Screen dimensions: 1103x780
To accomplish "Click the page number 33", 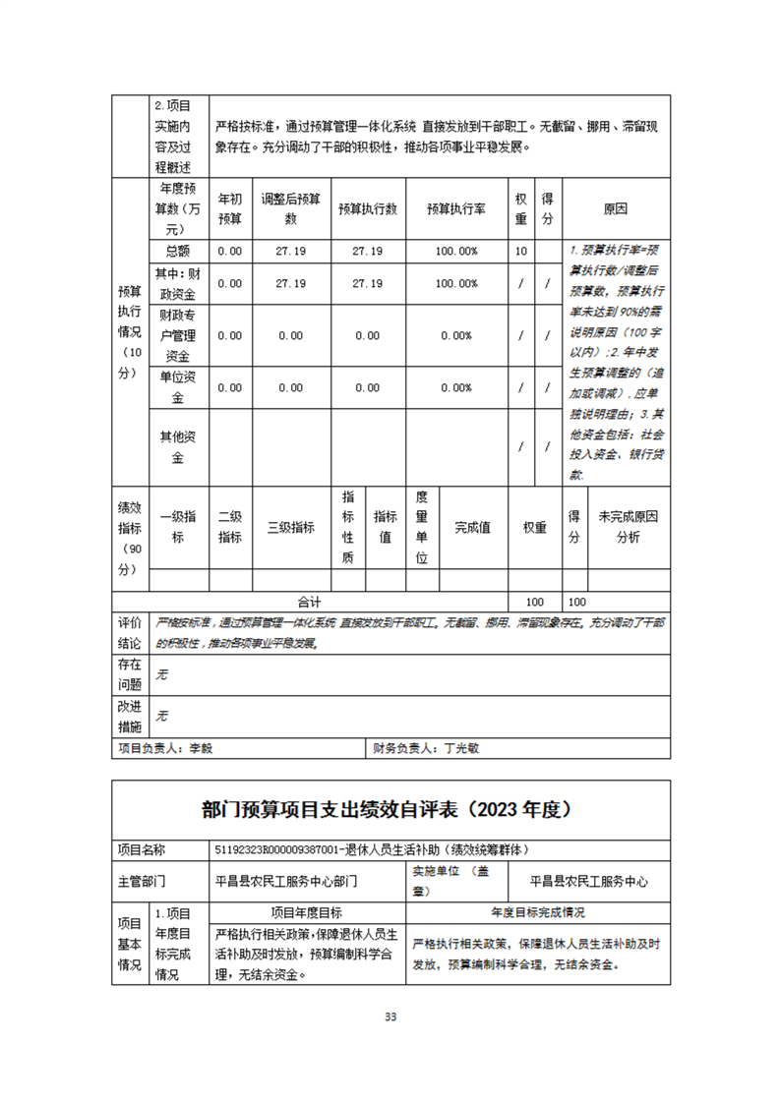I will click(x=390, y=1016).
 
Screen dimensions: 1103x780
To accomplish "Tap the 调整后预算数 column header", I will click(x=290, y=208).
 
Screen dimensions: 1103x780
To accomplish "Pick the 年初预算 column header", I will click(x=229, y=208).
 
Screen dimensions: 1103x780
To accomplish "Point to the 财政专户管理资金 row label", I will click(x=178, y=335).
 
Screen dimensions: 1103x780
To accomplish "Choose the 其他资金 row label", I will click(x=178, y=447).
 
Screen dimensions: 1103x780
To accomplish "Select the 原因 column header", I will click(x=616, y=208).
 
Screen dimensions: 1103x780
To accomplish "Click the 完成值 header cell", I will click(x=473, y=527).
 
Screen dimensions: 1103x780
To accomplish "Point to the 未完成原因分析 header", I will click(x=629, y=527).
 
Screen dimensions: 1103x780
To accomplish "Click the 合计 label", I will click(x=310, y=601).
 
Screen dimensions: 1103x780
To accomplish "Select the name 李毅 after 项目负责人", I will click(x=201, y=747).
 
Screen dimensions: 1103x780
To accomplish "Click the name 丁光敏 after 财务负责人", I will click(x=462, y=747).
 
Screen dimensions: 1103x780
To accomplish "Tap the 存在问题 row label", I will click(x=130, y=674).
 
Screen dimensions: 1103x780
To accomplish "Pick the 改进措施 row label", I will click(x=130, y=717).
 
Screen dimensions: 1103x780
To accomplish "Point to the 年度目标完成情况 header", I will click(x=538, y=911).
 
